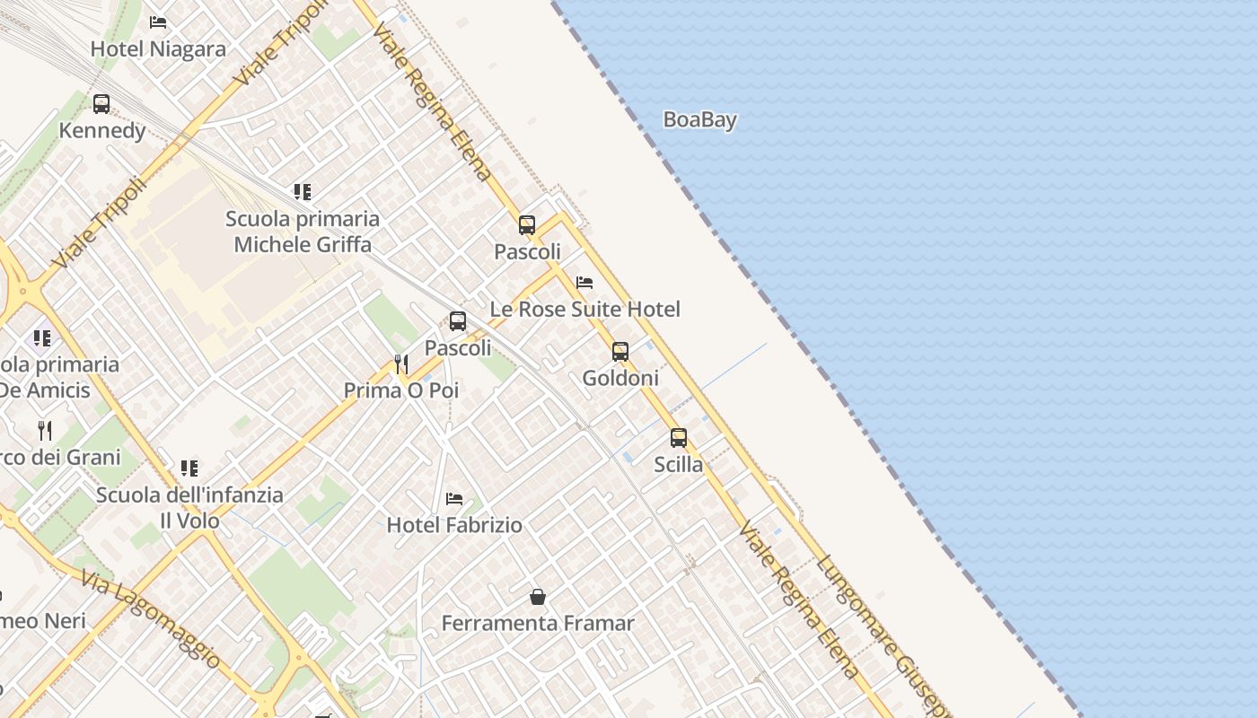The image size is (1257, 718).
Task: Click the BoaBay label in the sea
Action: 699,119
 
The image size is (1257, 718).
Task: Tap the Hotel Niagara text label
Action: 158,48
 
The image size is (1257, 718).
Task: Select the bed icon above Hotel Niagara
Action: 158,22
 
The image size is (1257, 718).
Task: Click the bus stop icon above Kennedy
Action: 101,104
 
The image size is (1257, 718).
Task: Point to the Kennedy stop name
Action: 102,131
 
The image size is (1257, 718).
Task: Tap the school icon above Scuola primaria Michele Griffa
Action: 303,191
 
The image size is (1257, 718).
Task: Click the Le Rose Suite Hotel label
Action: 585,310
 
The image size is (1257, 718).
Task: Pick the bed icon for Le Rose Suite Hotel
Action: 585,283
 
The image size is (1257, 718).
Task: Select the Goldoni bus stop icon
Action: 620,352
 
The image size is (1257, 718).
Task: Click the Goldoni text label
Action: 620,378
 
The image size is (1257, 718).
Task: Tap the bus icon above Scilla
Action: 679,438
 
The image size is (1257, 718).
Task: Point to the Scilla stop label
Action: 679,465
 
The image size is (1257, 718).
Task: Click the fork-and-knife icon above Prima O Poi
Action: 401,363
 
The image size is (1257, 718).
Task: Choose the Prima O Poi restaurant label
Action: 401,390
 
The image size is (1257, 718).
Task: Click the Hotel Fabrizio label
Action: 454,525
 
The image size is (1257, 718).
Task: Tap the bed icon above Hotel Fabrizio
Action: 454,499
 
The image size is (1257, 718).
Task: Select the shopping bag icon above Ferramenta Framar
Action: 538,597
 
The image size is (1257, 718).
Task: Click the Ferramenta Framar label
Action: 538,623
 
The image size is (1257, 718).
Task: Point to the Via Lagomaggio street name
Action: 149,619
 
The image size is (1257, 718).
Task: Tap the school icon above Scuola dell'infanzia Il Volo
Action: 189,468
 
